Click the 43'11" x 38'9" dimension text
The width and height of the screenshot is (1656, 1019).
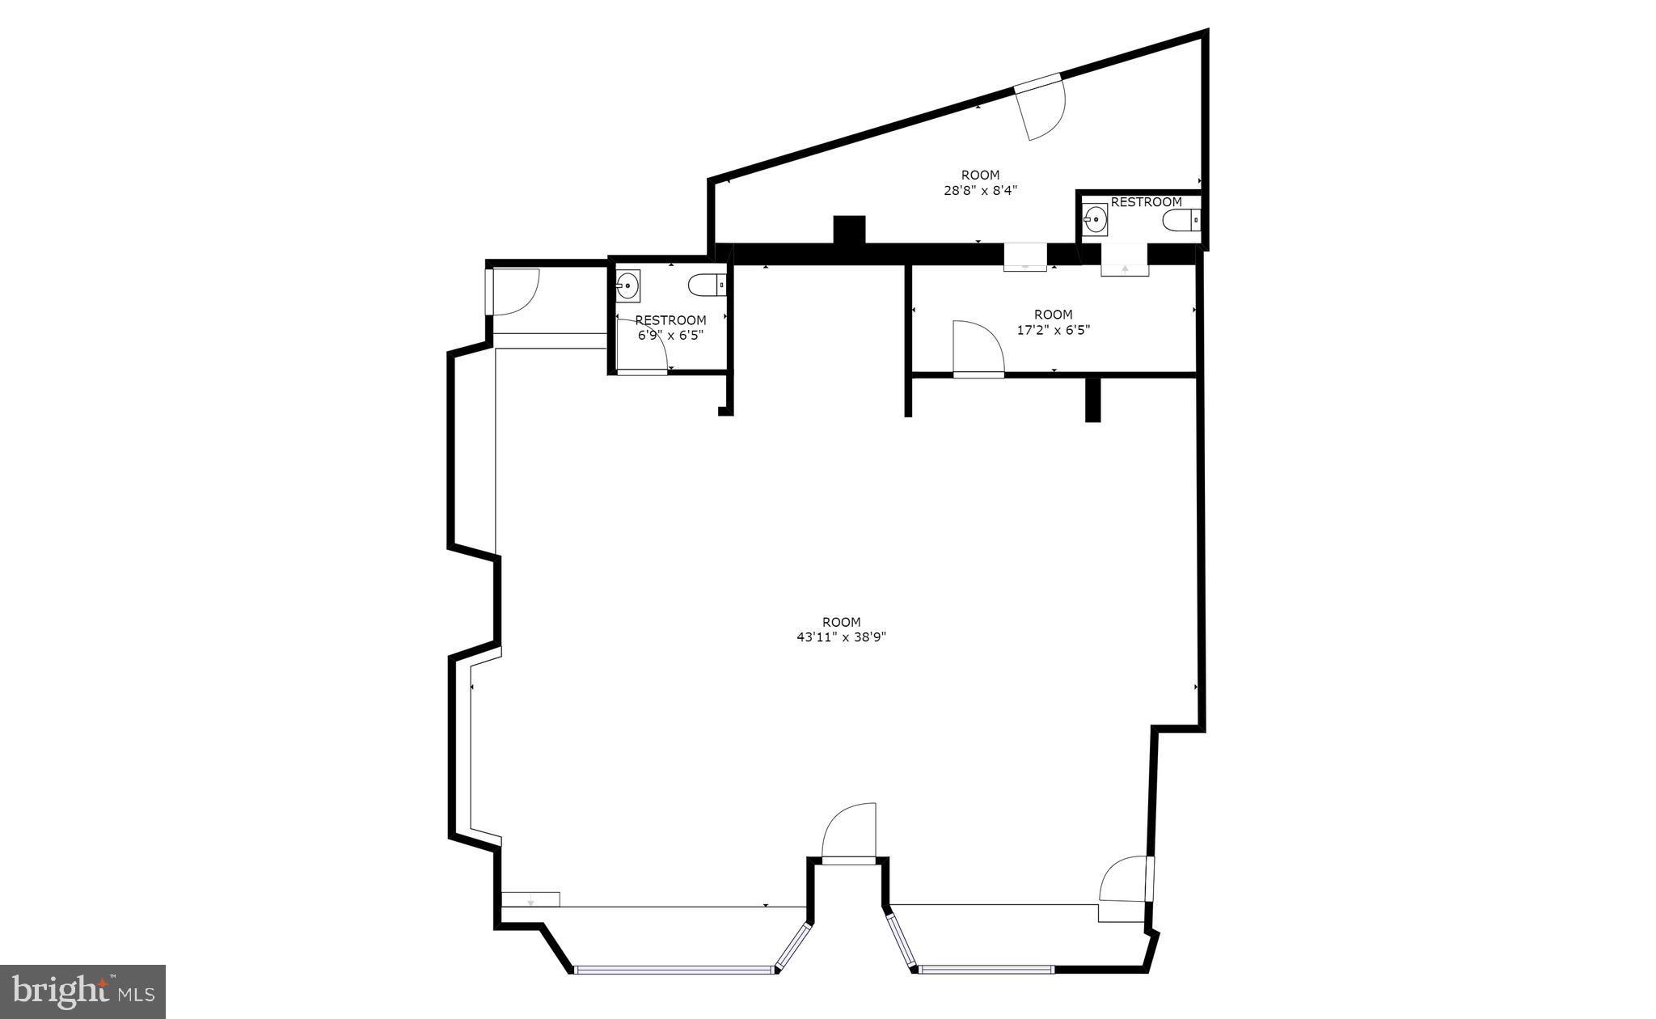point(841,637)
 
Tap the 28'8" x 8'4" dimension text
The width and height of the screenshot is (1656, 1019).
point(980,191)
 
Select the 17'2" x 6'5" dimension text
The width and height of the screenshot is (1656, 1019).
point(1053,330)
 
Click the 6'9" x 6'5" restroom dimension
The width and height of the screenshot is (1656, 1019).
point(670,336)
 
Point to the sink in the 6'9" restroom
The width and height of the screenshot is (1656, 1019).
point(627,285)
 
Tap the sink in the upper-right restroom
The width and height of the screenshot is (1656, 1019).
point(1095,218)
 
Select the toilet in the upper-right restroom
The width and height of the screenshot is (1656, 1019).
point(1181,219)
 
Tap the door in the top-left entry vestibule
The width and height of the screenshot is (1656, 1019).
point(513,292)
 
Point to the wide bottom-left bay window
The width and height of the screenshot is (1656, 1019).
point(674,969)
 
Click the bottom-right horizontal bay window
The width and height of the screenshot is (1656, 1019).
point(986,968)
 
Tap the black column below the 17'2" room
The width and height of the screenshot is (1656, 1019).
point(1092,400)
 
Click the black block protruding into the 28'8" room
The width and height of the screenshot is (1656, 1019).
point(849,229)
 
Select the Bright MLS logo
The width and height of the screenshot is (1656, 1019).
point(82,991)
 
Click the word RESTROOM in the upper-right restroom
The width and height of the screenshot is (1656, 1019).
point(1146,202)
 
